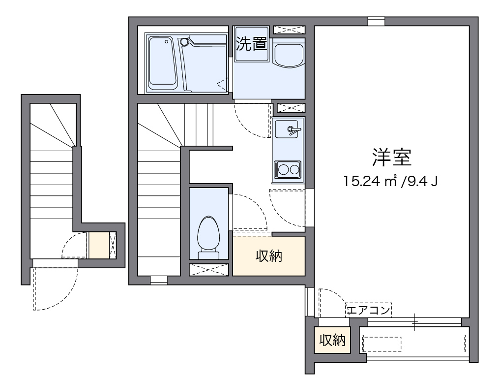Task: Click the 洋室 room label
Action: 391,157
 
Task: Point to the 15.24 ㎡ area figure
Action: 370,182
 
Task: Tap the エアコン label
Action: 369,310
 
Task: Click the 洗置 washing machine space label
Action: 251,44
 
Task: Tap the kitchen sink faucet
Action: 294,130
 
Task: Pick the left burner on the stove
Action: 284,170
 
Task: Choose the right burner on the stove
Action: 295,170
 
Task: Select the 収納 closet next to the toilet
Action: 268,256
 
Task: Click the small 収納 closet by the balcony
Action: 333,340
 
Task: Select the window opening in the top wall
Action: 376,22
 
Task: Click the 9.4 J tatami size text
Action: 419,182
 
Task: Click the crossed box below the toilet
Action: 209,269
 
